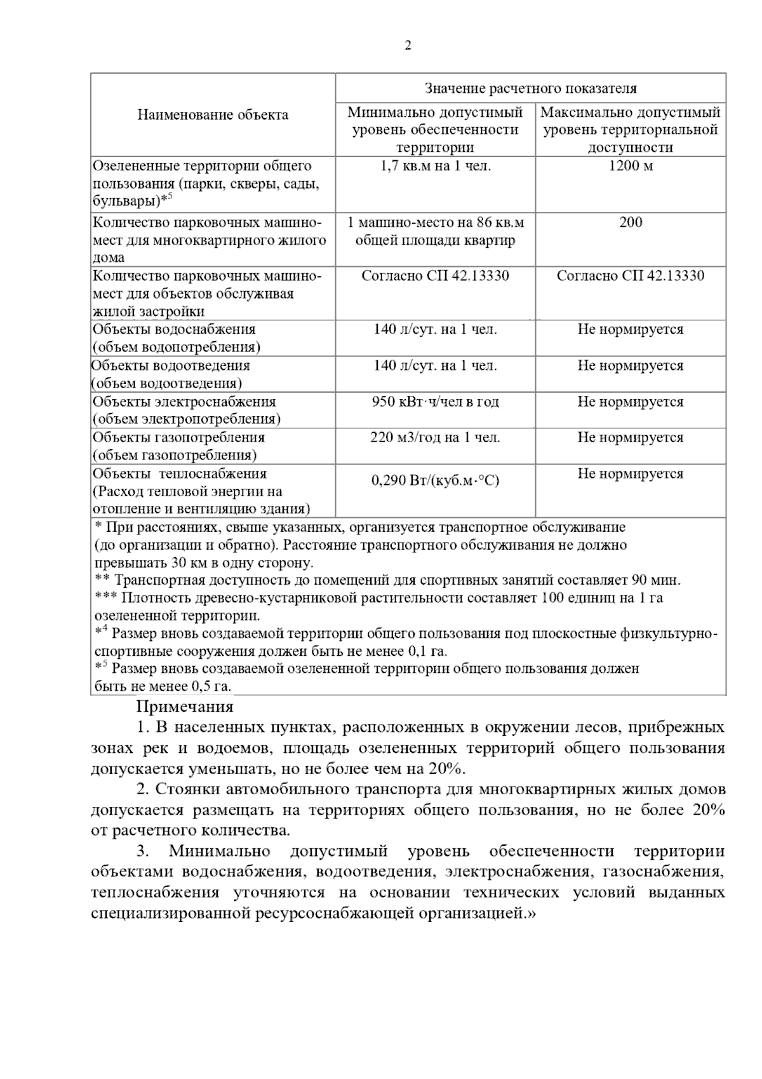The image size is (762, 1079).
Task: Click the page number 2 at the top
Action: point(408,46)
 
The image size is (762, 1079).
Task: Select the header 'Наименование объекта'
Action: point(213,115)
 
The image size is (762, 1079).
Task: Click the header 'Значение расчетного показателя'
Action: point(530,88)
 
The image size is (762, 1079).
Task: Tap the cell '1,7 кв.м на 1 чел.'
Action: point(435,166)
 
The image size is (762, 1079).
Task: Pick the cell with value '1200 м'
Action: point(631,166)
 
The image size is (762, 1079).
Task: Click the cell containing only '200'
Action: point(631,222)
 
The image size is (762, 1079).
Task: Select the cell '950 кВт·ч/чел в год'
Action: point(435,402)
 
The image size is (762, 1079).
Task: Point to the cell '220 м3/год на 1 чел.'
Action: point(435,438)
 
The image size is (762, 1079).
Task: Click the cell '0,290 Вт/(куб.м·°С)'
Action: point(435,480)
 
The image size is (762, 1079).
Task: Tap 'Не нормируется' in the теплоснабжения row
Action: point(631,474)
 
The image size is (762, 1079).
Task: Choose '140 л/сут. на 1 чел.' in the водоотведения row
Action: point(435,366)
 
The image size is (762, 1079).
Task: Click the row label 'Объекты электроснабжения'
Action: point(184,402)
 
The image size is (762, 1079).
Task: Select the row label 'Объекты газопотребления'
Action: point(178,438)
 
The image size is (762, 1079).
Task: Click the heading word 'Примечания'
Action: point(185,707)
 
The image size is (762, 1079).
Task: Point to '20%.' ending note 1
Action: point(447,769)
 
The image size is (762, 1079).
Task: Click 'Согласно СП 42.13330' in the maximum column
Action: point(631,276)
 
